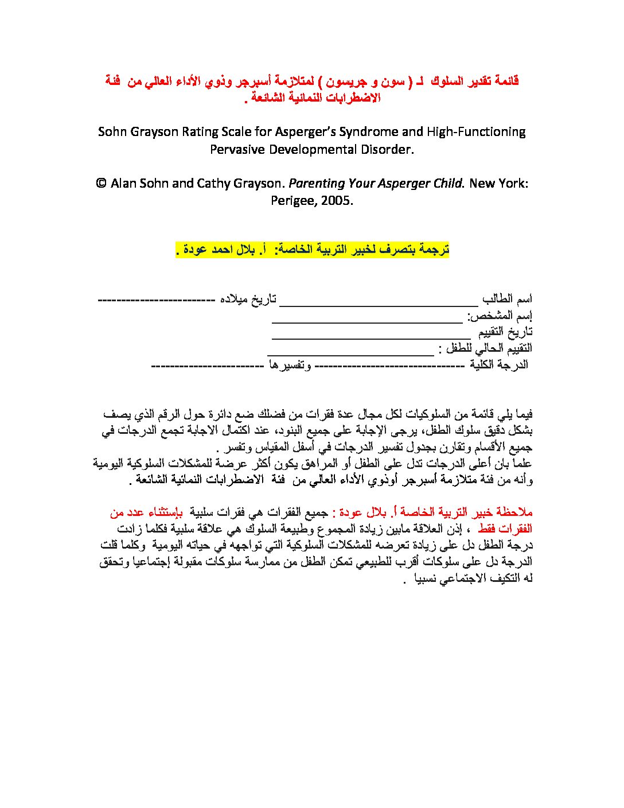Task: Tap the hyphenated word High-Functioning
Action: [476, 132]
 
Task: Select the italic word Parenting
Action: [316, 184]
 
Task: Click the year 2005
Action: [337, 201]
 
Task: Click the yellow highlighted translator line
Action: [311, 250]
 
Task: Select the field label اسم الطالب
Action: [507, 299]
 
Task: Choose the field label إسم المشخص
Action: [500, 316]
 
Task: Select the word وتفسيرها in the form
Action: [290, 365]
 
